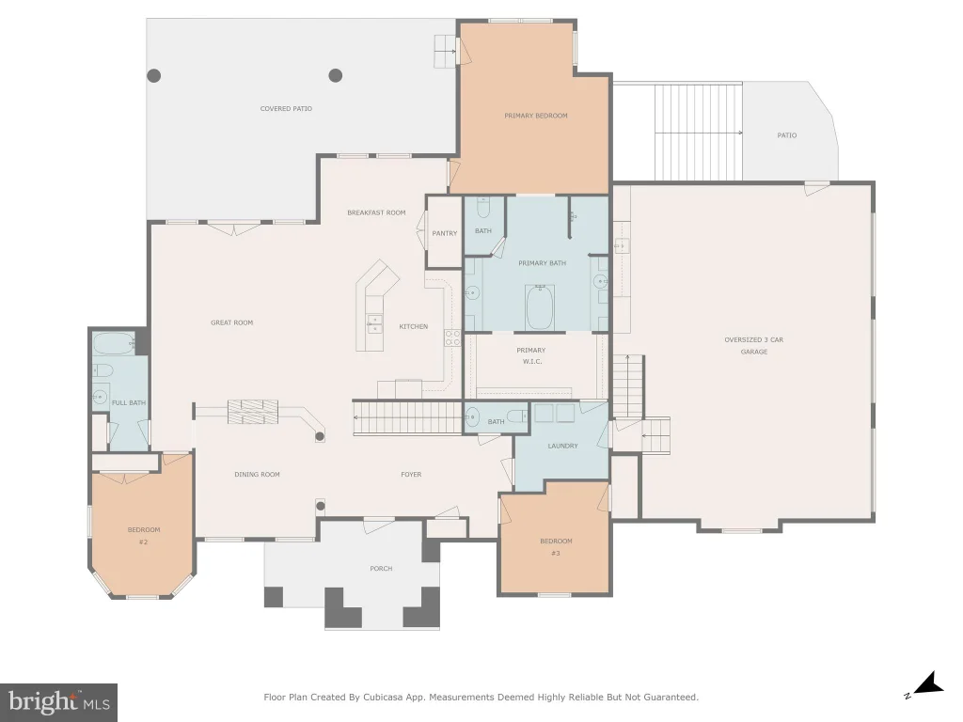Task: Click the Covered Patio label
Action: click(x=286, y=109)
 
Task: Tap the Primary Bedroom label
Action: click(x=535, y=116)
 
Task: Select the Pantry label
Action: click(x=445, y=233)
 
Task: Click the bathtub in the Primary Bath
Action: click(x=540, y=306)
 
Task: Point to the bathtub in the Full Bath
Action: click(x=114, y=344)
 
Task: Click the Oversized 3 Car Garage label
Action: click(x=753, y=346)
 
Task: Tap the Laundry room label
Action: click(x=562, y=446)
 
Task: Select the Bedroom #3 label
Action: click(x=556, y=547)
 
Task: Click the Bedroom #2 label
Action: click(x=144, y=536)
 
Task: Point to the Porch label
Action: click(x=381, y=569)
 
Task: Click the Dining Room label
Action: click(x=257, y=475)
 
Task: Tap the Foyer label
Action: click(x=411, y=475)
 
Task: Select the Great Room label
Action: click(x=231, y=323)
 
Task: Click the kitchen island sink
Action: click(x=374, y=323)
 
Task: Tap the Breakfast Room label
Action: click(x=376, y=213)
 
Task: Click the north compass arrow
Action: click(x=927, y=684)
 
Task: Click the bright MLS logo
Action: click(x=59, y=702)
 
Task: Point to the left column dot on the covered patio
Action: click(x=153, y=75)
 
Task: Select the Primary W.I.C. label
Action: click(x=531, y=356)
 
